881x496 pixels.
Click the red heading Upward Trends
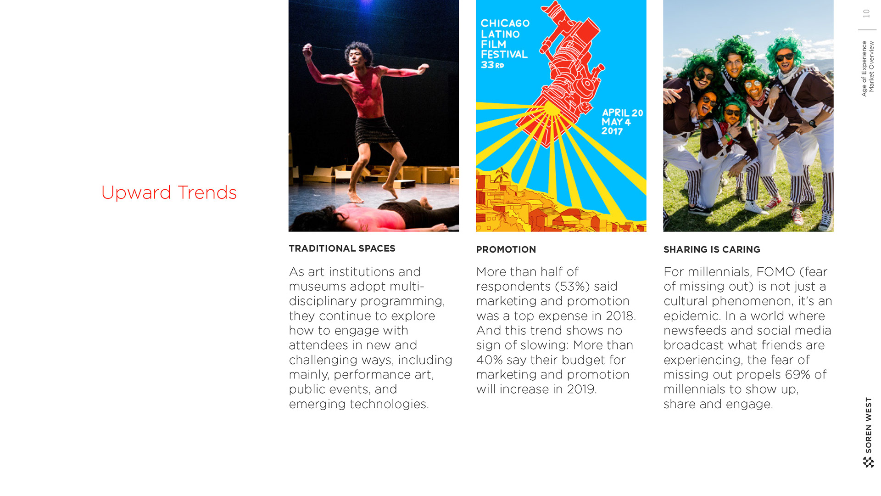pos(169,193)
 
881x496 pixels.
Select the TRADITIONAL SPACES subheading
pos(342,248)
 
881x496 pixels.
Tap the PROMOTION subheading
pos(506,249)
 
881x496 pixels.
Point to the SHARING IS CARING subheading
pos(712,249)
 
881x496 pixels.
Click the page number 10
pos(866,14)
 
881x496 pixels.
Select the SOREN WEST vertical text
pos(868,425)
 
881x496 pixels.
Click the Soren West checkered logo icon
pos(868,462)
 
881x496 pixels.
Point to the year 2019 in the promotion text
pos(582,389)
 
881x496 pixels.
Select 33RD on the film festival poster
pos(492,65)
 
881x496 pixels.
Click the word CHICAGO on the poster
pos(505,23)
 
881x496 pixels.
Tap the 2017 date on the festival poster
pos(612,131)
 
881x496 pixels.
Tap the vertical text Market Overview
pos(871,67)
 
